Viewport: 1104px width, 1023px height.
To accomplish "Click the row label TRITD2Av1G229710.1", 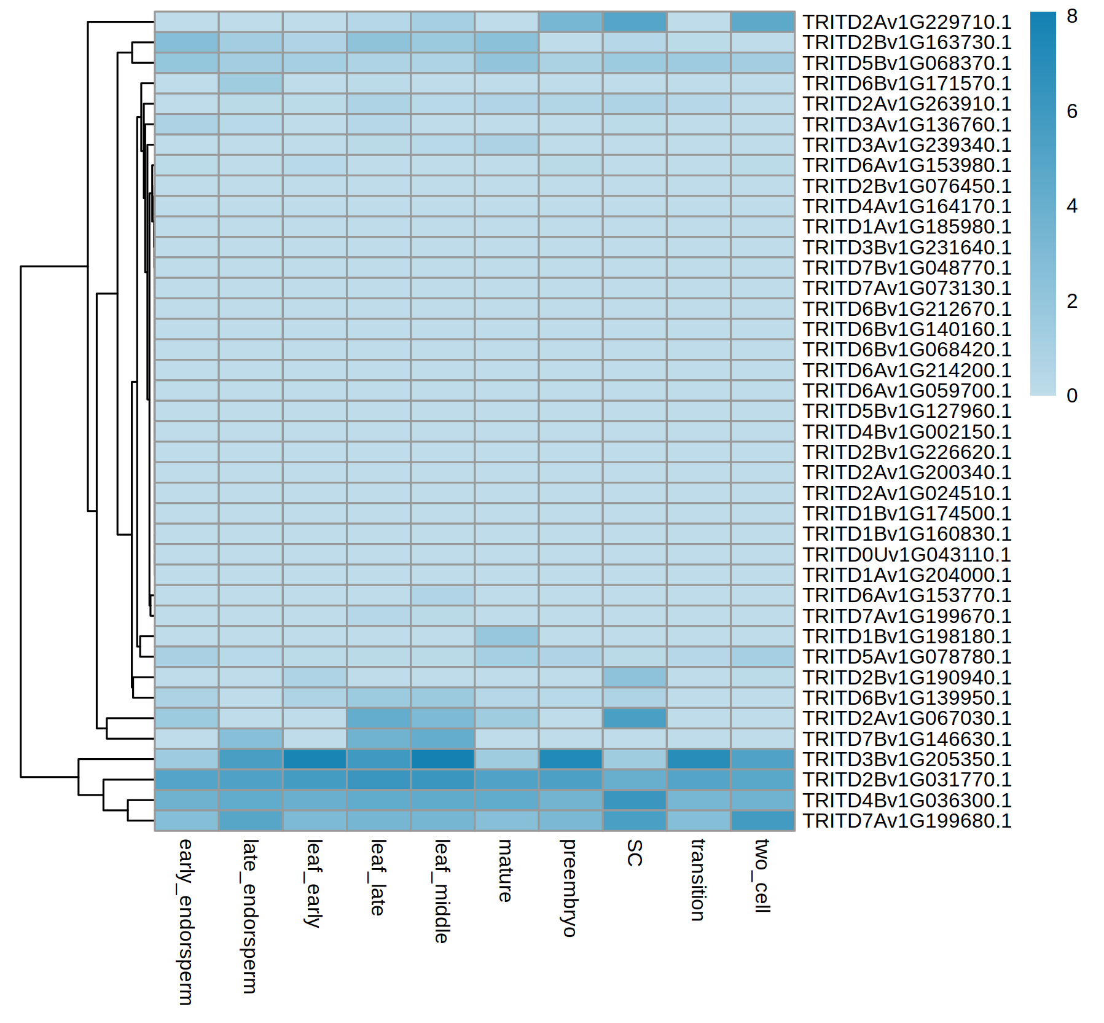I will pyautogui.click(x=907, y=22).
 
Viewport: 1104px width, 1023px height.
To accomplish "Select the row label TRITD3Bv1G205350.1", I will pyautogui.click(x=907, y=759).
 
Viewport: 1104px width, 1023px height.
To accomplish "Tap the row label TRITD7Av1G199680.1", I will pyautogui.click(x=907, y=821).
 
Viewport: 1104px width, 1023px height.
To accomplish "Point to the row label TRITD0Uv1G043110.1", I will pyautogui.click(x=907, y=555).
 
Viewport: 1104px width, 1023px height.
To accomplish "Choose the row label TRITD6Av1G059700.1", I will pyautogui.click(x=907, y=391).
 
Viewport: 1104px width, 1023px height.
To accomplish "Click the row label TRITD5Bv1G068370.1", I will pyautogui.click(x=907, y=63).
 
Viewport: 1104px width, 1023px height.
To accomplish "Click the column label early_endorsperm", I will pyautogui.click(x=186, y=922).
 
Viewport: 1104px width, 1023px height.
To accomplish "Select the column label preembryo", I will pyautogui.click(x=570, y=888).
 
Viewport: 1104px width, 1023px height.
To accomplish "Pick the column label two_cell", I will pyautogui.click(x=762, y=876).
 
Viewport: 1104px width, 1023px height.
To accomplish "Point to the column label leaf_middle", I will pyautogui.click(x=442, y=891).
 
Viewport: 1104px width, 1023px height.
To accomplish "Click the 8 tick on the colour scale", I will pyautogui.click(x=1072, y=17).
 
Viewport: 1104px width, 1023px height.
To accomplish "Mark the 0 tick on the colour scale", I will pyautogui.click(x=1072, y=396).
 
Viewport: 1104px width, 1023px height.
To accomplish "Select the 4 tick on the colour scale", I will pyautogui.click(x=1072, y=206).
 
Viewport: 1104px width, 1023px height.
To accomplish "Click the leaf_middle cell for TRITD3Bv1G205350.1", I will pyautogui.click(x=442, y=759).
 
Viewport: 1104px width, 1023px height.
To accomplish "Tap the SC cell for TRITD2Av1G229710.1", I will pyautogui.click(x=635, y=22).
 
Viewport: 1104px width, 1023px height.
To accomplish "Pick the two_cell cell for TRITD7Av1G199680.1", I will pyautogui.click(x=762, y=821).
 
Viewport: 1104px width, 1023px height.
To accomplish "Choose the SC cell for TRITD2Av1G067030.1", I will pyautogui.click(x=635, y=718).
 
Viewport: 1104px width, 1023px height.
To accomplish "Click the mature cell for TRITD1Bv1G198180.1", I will pyautogui.click(x=506, y=637).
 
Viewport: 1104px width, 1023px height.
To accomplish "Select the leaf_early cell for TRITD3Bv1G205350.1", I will pyautogui.click(x=315, y=759).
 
